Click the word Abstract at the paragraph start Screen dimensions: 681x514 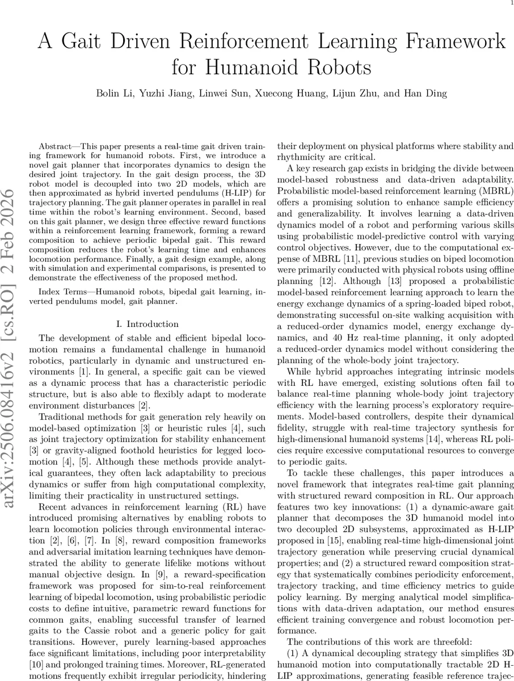pyautogui.click(x=60, y=146)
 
